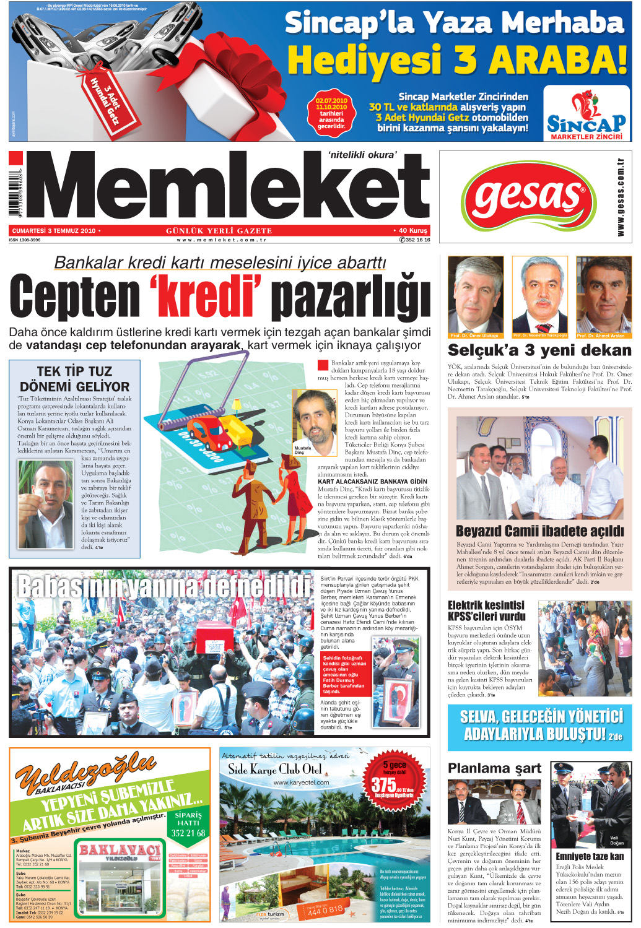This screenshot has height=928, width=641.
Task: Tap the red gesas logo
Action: coord(528,197)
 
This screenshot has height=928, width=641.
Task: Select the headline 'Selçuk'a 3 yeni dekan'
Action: coord(539,350)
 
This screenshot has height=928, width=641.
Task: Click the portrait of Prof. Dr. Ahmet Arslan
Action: coord(604,296)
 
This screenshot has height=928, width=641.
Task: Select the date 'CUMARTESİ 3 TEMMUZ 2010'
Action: coord(55,231)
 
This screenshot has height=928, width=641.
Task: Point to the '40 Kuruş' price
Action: coord(412,231)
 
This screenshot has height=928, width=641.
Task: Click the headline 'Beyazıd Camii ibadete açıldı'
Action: coord(539,531)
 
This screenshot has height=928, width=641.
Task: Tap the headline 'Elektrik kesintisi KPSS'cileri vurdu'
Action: coord(487,610)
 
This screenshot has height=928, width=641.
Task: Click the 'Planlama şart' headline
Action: coord(494,768)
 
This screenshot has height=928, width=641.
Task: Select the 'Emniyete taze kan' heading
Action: coord(590,856)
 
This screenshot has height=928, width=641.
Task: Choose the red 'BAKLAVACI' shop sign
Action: coord(119,850)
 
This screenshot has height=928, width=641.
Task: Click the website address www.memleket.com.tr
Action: coord(221,240)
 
